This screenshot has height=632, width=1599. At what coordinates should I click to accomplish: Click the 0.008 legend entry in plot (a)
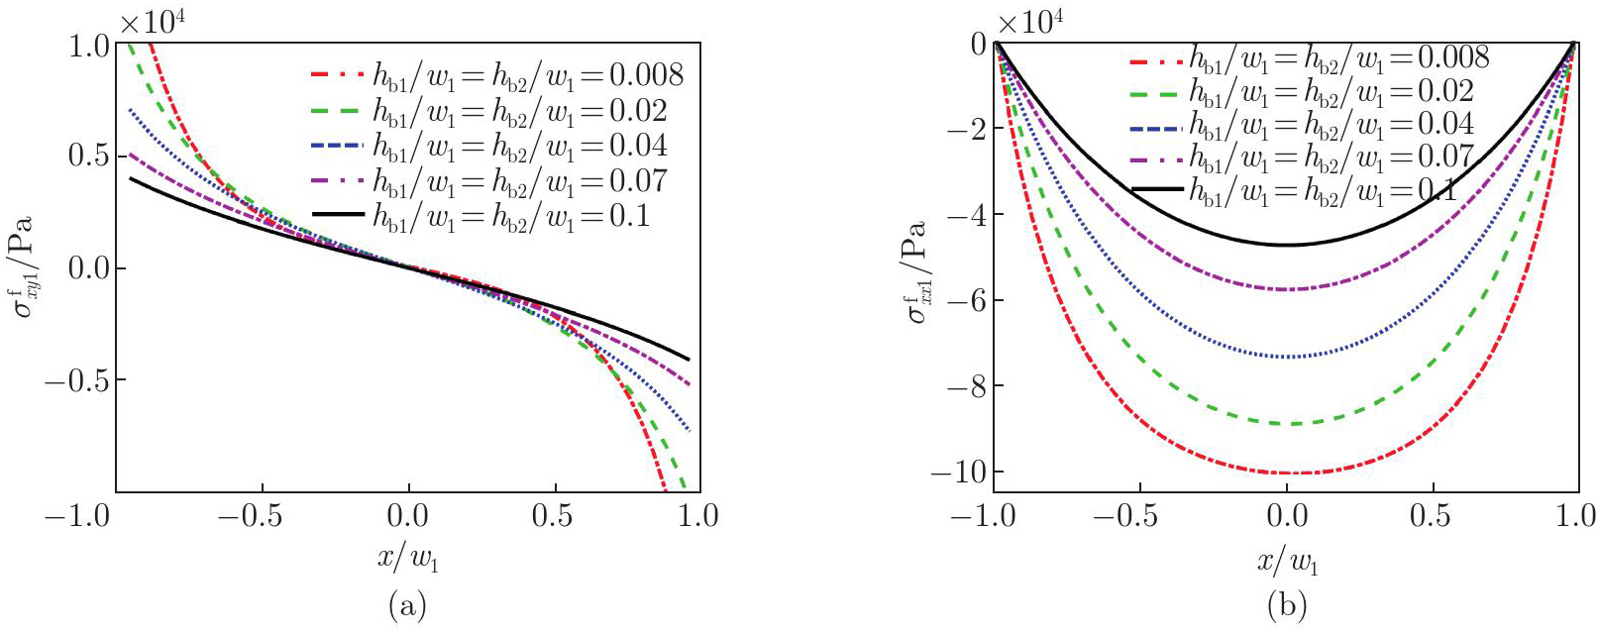495,74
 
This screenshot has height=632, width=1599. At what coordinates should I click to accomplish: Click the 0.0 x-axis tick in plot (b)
1286,516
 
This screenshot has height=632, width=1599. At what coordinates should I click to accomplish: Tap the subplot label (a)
408,604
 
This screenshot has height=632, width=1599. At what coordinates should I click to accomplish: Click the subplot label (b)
1286,604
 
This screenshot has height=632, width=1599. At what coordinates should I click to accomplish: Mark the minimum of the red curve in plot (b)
1286,473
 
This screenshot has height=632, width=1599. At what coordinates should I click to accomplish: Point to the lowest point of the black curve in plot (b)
1286,245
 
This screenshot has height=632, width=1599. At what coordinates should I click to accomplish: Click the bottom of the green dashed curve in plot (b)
1286,424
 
